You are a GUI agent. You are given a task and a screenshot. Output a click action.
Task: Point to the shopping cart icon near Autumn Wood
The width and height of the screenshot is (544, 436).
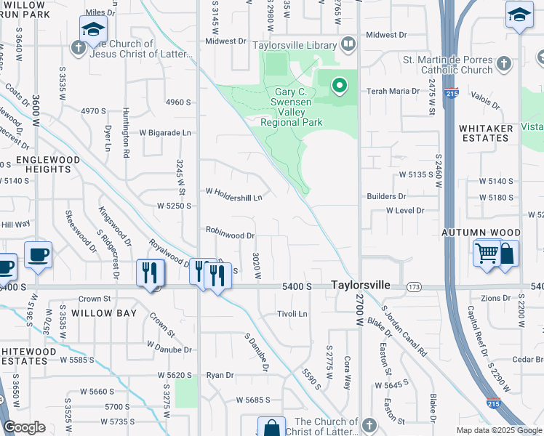(487, 254)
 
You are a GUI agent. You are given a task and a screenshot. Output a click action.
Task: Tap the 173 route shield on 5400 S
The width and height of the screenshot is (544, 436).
(414, 288)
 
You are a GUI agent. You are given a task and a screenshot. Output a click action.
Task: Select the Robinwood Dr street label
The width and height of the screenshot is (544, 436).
(230, 235)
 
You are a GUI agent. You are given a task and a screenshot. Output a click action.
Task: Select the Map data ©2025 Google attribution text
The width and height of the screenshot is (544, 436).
(499, 430)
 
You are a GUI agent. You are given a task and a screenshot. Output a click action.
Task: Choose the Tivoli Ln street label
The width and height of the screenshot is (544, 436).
(292, 314)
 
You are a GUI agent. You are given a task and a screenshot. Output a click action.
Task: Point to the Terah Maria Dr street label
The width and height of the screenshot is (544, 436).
(393, 91)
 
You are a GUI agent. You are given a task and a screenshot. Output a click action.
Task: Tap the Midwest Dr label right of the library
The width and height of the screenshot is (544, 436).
(386, 35)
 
